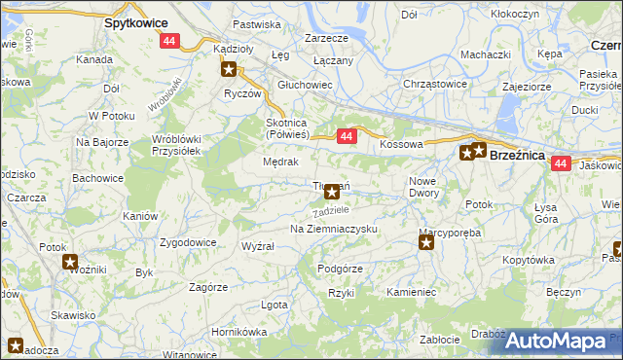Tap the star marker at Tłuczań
coord(333,192)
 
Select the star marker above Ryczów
coord(229,69)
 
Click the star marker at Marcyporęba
coord(426,243)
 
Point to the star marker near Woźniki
coord(70,262)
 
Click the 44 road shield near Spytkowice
coord(170,41)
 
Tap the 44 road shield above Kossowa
coord(346,138)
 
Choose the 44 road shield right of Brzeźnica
coord(559,164)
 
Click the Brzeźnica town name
coord(523,155)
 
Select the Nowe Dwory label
coord(424,187)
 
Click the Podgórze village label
coord(340,269)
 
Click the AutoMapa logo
coord(556,342)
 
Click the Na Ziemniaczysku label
coord(334,229)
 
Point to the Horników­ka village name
coord(238,332)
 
